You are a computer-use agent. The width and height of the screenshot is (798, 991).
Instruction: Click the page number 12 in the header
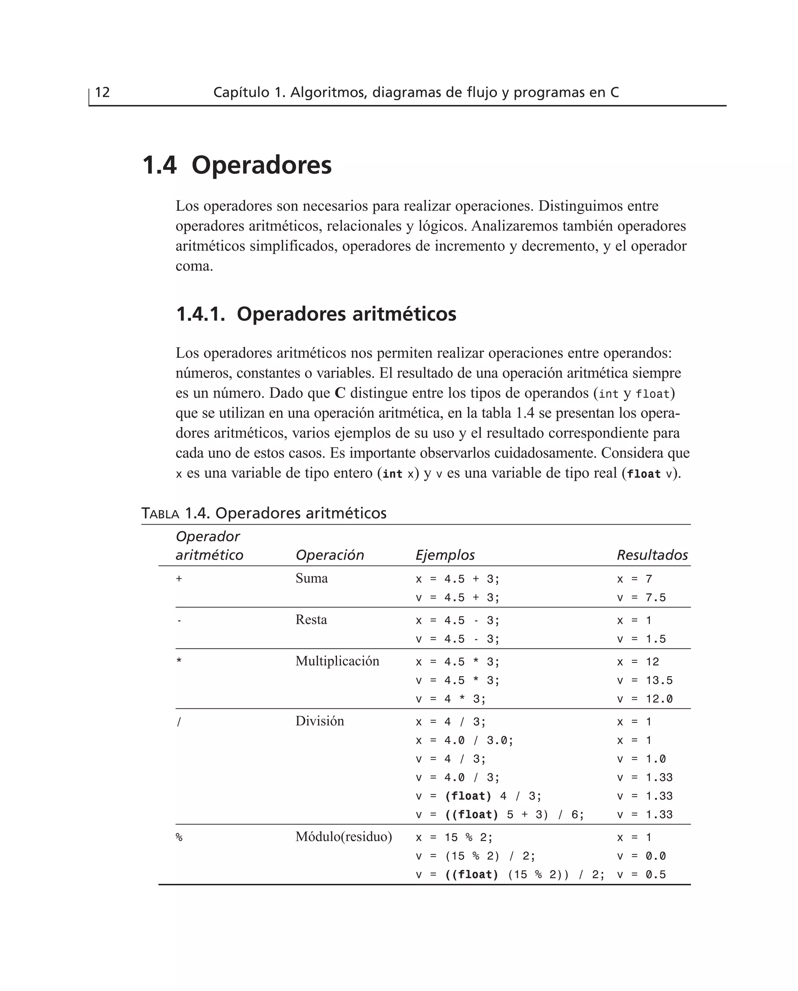(x=102, y=92)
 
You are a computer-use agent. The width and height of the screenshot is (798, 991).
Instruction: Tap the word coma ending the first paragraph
(x=194, y=266)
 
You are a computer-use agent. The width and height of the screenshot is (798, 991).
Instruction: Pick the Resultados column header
(x=652, y=555)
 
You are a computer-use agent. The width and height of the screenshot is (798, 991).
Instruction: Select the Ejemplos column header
(x=445, y=555)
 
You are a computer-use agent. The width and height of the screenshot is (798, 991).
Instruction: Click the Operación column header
(x=330, y=555)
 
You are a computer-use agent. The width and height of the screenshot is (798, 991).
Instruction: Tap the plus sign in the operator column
(x=179, y=579)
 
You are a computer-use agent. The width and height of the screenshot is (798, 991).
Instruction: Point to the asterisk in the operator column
(x=179, y=661)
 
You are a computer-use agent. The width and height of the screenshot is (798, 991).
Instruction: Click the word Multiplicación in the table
(x=337, y=661)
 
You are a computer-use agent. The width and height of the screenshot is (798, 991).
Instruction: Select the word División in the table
(x=320, y=721)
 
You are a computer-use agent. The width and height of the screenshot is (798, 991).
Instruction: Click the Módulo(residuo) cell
(x=343, y=837)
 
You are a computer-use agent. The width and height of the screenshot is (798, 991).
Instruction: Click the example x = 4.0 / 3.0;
(x=464, y=740)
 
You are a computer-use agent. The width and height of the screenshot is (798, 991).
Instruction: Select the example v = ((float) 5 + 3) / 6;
(x=500, y=815)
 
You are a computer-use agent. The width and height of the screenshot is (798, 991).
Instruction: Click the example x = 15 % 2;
(x=454, y=837)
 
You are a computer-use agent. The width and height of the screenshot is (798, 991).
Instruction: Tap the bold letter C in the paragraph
(x=340, y=393)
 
